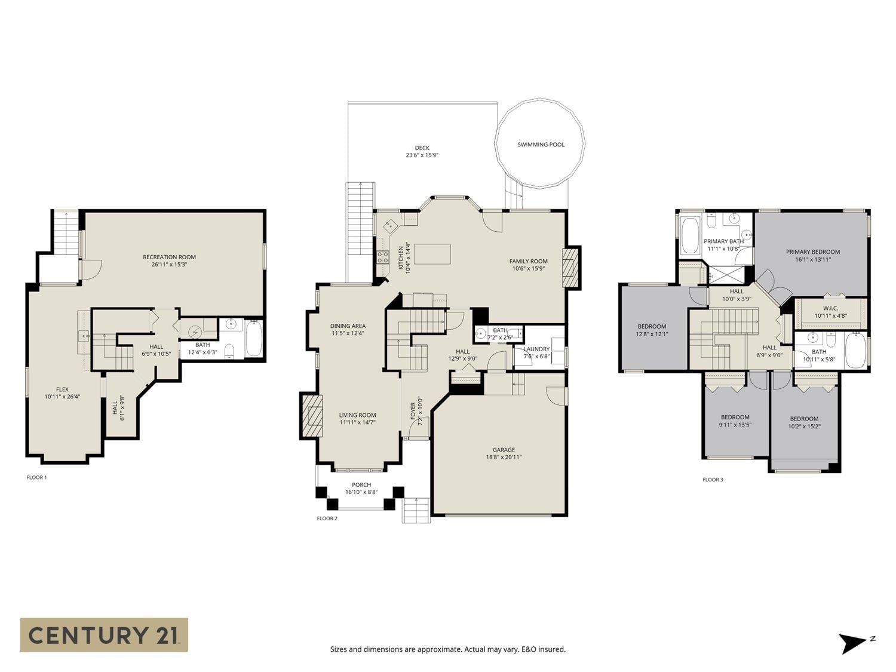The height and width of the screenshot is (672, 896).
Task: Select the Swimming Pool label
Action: [541, 145]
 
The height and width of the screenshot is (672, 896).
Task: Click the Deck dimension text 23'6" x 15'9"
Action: [422, 155]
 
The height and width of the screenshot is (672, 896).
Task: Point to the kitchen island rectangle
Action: [432, 254]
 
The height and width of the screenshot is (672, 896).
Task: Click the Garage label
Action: [504, 450]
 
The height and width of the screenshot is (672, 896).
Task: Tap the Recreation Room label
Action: [170, 257]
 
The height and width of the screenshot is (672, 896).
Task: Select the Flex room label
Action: [63, 389]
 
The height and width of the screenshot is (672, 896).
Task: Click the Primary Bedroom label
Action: [813, 251]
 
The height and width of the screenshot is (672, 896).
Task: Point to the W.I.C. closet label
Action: [831, 308]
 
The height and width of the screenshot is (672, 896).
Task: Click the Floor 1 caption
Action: [37, 477]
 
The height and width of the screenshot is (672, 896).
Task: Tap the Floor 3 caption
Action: [713, 480]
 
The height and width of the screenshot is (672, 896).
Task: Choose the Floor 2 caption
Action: [327, 518]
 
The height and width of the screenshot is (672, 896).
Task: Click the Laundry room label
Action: [537, 349]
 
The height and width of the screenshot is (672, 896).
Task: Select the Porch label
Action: [361, 484]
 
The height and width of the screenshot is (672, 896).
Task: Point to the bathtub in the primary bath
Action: [689, 235]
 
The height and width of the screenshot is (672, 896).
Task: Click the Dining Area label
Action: [348, 326]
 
